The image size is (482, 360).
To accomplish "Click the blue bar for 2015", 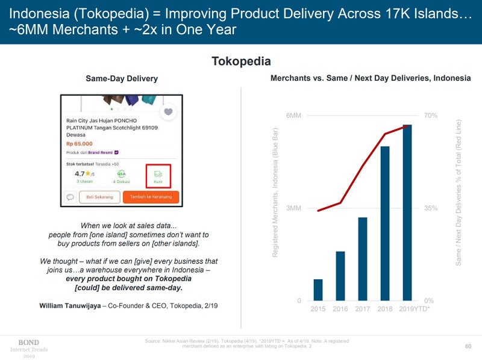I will (x=318, y=290).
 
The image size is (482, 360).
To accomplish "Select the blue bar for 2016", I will (x=340, y=276).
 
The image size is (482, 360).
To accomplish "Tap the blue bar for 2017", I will (x=363, y=259).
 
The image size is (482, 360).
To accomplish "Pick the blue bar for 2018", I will (x=385, y=223).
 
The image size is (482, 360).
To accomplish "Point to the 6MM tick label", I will (x=293, y=115).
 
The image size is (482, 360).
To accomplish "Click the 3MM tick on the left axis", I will (x=293, y=208).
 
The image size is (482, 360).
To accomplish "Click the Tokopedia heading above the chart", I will (x=241, y=61).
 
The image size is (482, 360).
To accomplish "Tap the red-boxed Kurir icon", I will (x=158, y=176).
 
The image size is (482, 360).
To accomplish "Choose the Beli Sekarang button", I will (x=99, y=197).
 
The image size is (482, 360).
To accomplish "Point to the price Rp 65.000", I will (x=80, y=144).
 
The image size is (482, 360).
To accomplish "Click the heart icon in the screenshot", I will (x=169, y=111).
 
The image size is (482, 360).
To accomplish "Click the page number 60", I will (x=468, y=346).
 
